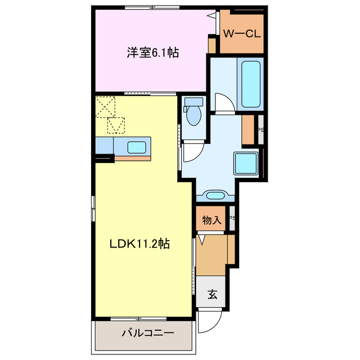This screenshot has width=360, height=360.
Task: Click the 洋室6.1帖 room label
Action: (x=152, y=53)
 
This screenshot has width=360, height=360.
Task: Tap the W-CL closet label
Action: (x=241, y=34)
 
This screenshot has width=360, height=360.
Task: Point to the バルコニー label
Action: (x=148, y=333)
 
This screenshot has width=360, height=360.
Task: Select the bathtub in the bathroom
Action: (x=250, y=83)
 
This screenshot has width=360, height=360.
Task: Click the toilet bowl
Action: (x=194, y=114)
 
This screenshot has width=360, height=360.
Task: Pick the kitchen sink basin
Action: (x=137, y=147)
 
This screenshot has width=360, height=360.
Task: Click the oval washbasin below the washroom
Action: (x=215, y=196)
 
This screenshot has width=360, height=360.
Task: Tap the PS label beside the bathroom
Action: (x=260, y=130)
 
